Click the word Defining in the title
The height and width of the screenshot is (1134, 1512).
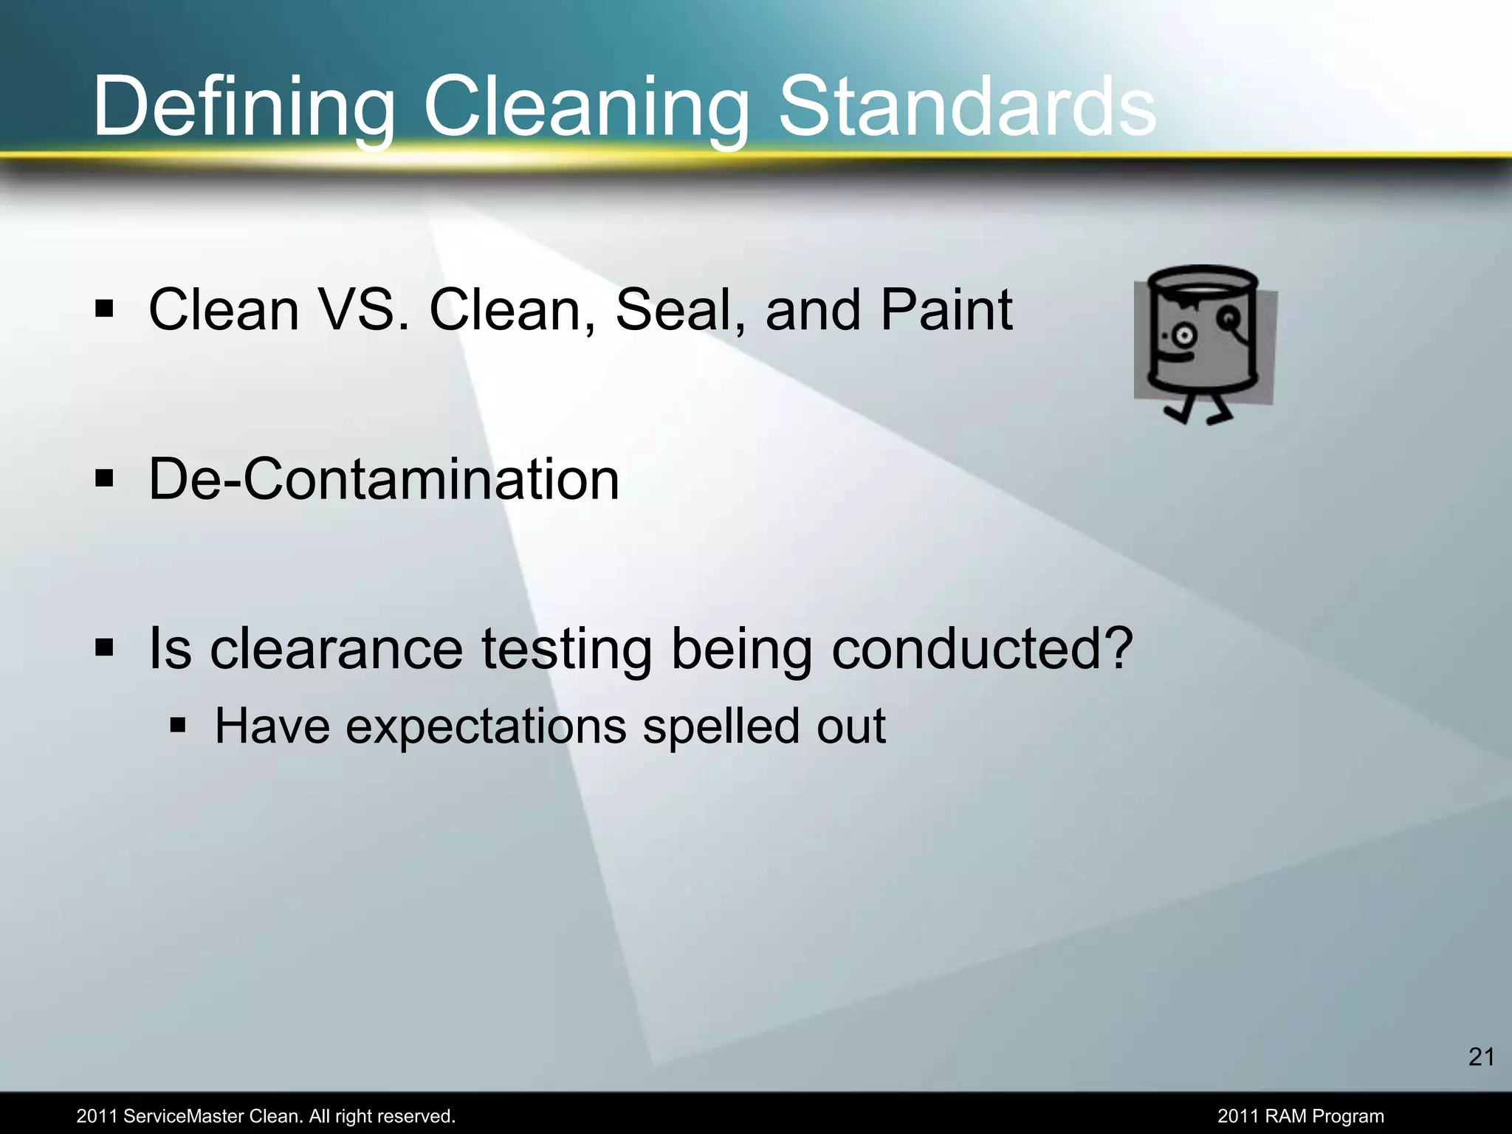244,107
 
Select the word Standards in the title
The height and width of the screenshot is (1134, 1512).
967,107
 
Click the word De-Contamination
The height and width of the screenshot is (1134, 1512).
384,480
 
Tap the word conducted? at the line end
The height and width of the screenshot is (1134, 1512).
982,650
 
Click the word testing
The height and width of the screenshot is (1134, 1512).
567,650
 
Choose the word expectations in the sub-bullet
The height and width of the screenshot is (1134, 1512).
486,727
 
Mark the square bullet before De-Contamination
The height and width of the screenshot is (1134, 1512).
104,478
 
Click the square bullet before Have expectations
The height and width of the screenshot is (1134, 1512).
178,725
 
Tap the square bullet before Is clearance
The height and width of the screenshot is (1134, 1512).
104,648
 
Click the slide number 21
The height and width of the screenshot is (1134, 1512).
1481,1057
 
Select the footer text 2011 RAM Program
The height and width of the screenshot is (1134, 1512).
1300,1116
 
